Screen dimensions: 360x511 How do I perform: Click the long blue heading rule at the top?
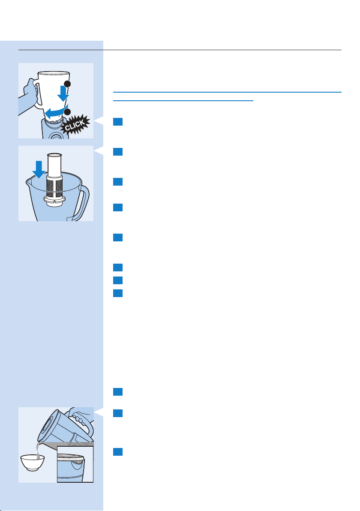click(x=227, y=92)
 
